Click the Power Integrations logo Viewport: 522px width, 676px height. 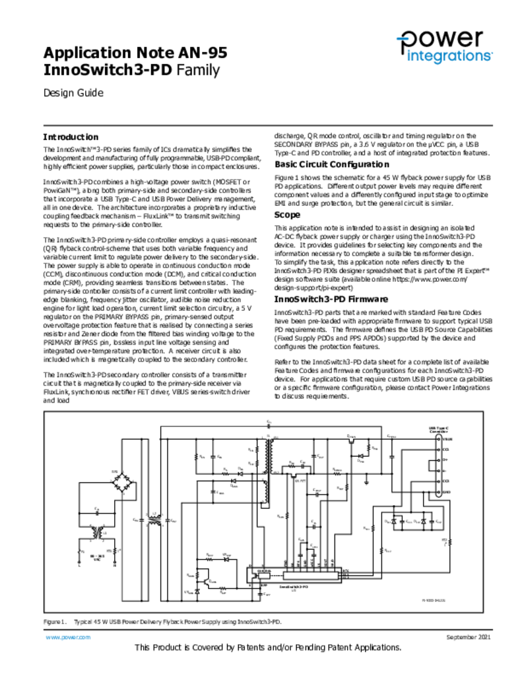pos(443,47)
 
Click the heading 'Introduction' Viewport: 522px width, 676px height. pos(71,137)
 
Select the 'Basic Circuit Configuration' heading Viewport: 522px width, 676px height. pos(331,164)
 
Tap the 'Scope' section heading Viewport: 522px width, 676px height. pos(287,215)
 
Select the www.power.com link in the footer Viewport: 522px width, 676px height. pos(67,637)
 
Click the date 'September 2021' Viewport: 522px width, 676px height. pos(469,637)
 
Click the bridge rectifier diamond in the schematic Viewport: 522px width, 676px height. pos(121,483)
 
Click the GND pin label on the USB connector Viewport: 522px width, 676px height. pos(446,492)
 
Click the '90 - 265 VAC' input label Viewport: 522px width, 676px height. pos(96,558)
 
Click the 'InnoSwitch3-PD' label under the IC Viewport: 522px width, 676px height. pos(294,586)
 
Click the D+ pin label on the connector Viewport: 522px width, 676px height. pos(445,459)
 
